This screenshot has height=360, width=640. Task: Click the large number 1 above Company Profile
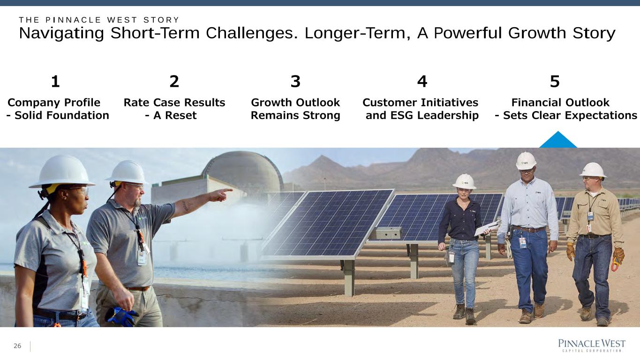point(55,82)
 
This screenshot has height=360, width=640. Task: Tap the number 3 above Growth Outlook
point(295,82)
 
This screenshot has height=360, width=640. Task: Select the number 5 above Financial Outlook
point(555,82)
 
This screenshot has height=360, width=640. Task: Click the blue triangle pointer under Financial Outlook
point(558,140)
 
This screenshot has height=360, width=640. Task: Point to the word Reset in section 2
point(181,115)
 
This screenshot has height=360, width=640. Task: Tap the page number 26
point(17,346)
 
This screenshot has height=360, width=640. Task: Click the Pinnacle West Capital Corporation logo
point(592,345)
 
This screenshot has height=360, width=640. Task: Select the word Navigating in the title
point(61,33)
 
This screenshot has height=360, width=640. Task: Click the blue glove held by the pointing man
point(121,316)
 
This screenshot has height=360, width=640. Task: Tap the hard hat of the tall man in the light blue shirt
point(526,161)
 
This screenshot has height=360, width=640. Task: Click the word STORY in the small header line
point(161,20)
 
